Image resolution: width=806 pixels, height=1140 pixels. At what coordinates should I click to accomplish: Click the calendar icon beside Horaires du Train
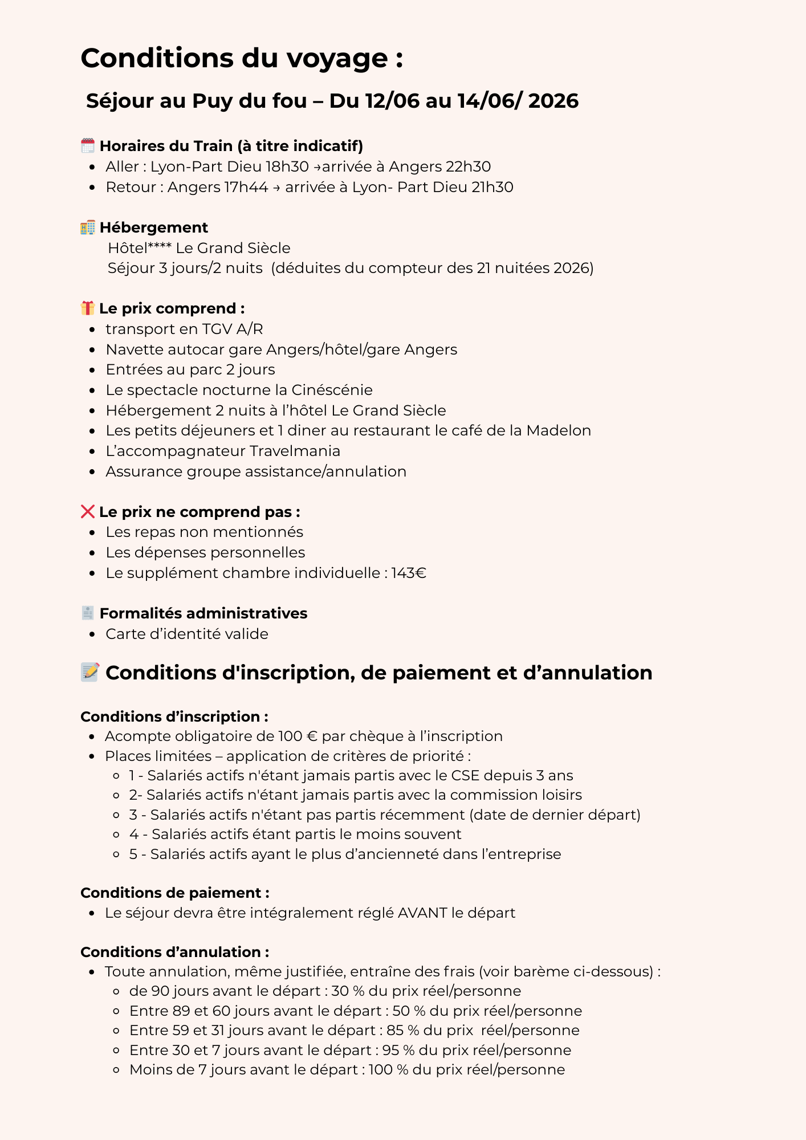pyautogui.click(x=87, y=146)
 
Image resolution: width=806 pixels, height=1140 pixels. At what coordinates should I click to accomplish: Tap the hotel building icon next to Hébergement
pyautogui.click(x=87, y=227)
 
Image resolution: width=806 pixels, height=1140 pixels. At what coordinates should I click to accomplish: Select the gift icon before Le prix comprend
pyautogui.click(x=87, y=308)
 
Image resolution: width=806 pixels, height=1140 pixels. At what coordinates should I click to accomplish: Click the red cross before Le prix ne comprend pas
pyautogui.click(x=87, y=512)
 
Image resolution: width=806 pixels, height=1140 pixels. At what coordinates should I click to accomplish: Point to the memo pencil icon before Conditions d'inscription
pyautogui.click(x=90, y=673)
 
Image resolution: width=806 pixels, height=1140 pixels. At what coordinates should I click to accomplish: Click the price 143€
pyautogui.click(x=409, y=573)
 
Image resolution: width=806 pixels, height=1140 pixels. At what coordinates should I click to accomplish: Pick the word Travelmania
pyautogui.click(x=295, y=451)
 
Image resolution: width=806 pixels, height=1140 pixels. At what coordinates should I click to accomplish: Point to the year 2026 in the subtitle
pyautogui.click(x=553, y=101)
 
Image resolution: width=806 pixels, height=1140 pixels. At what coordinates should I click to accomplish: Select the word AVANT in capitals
pyautogui.click(x=422, y=913)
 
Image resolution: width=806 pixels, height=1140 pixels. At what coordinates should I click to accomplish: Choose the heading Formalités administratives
pyautogui.click(x=203, y=613)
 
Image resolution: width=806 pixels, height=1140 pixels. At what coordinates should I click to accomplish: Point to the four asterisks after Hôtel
pyautogui.click(x=160, y=247)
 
